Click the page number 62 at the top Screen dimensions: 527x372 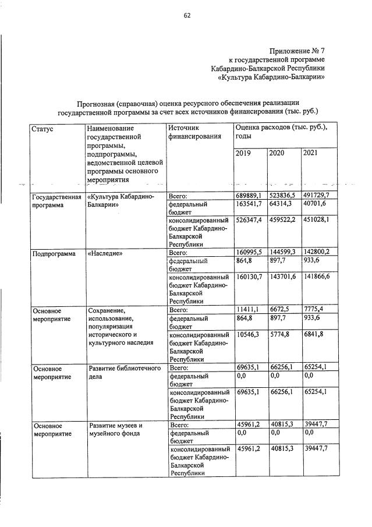coord(187,16)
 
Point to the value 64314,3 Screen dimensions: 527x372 coord(281,204)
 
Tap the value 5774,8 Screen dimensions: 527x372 coord(279,335)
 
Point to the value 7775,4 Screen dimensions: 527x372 coord(313,310)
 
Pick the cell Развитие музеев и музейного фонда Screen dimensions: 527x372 coord(115,429)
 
